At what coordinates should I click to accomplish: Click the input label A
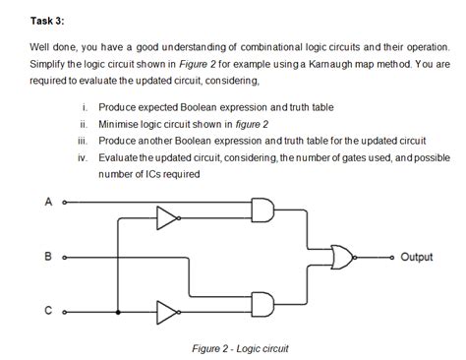(x=46, y=204)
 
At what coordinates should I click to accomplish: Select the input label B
(x=47, y=258)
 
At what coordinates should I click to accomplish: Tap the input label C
(x=47, y=312)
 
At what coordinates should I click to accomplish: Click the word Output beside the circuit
(x=416, y=258)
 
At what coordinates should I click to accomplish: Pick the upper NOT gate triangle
(x=169, y=217)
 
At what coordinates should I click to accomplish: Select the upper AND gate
(x=264, y=210)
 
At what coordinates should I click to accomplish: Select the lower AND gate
(x=264, y=304)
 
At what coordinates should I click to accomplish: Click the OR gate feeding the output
(x=347, y=258)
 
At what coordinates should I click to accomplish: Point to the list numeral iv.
(x=85, y=157)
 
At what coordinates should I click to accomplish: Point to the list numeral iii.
(x=85, y=141)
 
